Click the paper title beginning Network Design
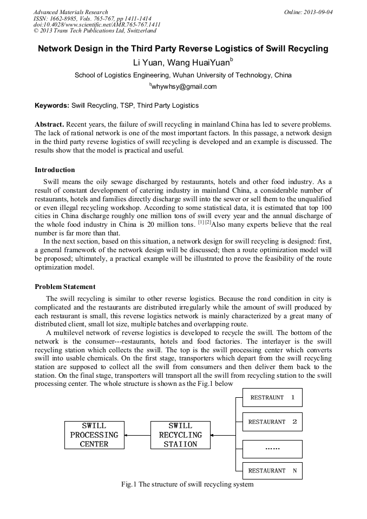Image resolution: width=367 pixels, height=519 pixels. click(183, 49)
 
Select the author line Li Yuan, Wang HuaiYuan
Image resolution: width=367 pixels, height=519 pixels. click(183, 62)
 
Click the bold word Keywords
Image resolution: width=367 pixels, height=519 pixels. click(52, 106)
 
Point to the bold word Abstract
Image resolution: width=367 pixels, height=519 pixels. click(50, 124)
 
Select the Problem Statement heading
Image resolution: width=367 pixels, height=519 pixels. click(65, 287)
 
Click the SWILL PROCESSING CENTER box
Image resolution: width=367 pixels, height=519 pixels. click(94, 435)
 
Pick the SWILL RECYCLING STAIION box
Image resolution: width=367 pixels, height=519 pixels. click(180, 435)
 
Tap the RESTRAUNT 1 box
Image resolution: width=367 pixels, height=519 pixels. click(272, 398)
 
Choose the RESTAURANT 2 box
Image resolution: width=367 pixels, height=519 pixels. click(272, 422)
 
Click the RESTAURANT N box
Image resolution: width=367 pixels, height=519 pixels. click(272, 471)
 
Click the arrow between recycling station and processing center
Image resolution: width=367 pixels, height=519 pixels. click(137, 435)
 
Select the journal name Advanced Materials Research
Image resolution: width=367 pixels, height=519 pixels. click(71, 12)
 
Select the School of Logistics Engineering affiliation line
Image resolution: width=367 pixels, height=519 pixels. click(183, 75)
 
